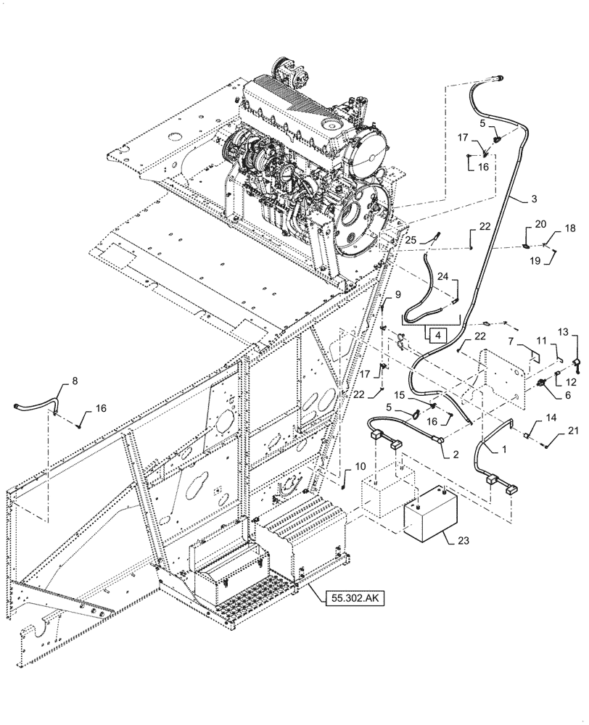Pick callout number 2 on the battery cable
pos(455,454)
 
